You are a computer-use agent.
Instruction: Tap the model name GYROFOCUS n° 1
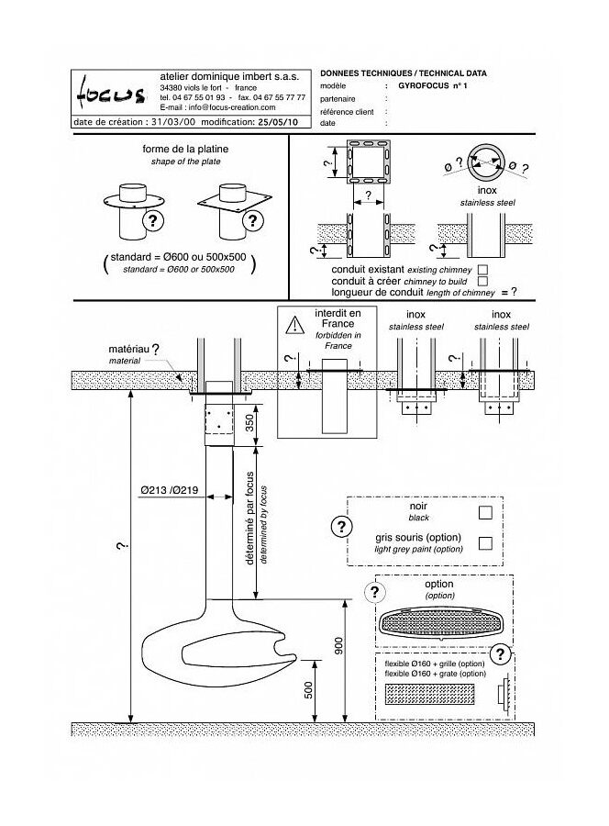pos(432,85)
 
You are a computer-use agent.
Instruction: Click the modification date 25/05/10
pos(277,122)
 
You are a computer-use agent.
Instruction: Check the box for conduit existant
pos(482,270)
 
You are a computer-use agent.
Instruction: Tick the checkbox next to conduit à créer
pos(482,282)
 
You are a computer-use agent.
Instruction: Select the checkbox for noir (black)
pos(485,512)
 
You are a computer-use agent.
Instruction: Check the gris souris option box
pos(485,542)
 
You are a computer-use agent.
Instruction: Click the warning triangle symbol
pos(295,325)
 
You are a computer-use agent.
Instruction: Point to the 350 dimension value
pos(250,422)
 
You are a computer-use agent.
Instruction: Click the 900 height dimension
pos(338,646)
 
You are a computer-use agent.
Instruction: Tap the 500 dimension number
pos(308,690)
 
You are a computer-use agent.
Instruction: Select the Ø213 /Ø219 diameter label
pos(170,490)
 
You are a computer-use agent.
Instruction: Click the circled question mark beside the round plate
pos(153,220)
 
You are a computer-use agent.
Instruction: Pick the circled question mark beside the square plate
pos(253,220)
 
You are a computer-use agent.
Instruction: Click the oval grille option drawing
pos(441,624)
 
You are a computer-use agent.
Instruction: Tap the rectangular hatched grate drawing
pos(429,695)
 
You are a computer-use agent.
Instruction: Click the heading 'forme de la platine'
pos(185,149)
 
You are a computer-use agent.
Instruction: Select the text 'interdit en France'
pos(338,318)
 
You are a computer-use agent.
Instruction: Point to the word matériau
pos(128,350)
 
